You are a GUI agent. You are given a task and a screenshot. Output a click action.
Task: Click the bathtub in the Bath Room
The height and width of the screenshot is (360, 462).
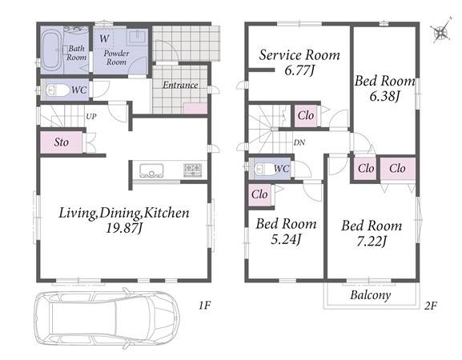(51, 50)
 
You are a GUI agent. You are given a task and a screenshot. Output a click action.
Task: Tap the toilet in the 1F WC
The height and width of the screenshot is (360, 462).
(58, 90)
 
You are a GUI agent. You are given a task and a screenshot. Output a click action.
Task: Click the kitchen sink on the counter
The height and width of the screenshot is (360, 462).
(151, 170)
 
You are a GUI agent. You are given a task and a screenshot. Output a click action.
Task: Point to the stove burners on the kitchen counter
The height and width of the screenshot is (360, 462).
(193, 170)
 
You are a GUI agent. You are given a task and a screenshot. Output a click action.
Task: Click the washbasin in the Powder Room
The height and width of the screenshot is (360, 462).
(137, 37)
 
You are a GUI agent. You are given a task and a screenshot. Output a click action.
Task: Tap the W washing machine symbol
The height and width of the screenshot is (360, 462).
(104, 38)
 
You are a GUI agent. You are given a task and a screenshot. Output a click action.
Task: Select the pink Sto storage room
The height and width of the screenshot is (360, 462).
(62, 142)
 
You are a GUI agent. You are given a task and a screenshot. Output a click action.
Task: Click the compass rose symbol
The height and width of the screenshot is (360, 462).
(441, 31)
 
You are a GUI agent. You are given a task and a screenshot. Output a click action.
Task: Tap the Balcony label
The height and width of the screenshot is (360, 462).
(371, 295)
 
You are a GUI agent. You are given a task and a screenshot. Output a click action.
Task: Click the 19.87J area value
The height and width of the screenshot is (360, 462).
(124, 228)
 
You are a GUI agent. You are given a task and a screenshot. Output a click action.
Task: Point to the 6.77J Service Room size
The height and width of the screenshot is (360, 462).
(299, 70)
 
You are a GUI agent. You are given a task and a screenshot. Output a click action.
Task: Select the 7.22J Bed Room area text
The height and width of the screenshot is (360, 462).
(372, 242)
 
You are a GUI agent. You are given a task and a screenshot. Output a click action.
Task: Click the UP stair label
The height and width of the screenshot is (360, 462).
(91, 117)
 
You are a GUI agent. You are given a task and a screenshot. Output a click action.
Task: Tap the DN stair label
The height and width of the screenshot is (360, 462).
(299, 142)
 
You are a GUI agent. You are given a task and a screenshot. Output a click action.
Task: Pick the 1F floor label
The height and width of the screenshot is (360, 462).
(204, 306)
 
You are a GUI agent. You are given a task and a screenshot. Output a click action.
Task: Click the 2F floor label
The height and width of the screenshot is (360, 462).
(431, 306)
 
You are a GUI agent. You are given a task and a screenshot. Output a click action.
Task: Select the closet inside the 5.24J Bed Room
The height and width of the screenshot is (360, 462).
(259, 194)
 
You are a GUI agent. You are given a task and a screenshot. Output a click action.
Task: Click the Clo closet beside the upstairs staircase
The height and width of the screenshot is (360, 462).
(306, 116)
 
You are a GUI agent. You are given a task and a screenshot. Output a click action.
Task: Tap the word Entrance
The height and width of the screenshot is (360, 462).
(180, 85)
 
